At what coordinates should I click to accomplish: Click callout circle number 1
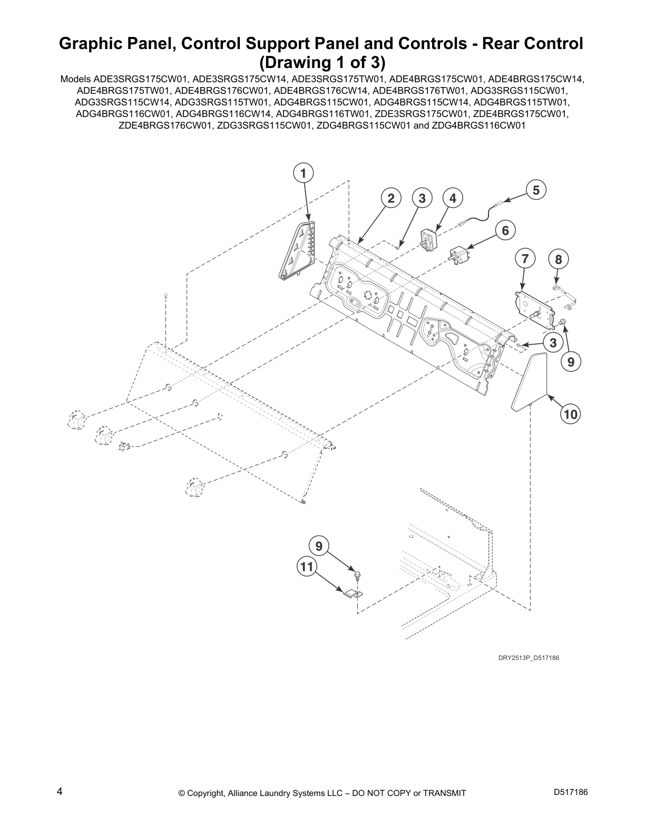pyautogui.click(x=302, y=173)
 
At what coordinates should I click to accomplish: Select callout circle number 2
pyautogui.click(x=391, y=198)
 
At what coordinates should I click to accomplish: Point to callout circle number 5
pyautogui.click(x=536, y=190)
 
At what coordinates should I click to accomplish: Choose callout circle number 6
pyautogui.click(x=505, y=230)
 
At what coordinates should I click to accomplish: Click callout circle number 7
pyautogui.click(x=525, y=259)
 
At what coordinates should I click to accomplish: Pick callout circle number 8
pyautogui.click(x=559, y=259)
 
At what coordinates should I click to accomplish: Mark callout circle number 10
pyautogui.click(x=570, y=414)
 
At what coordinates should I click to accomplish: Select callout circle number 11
pyautogui.click(x=307, y=567)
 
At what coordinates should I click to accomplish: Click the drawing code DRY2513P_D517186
pyautogui.click(x=528, y=658)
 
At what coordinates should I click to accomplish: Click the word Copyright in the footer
pyautogui.click(x=207, y=793)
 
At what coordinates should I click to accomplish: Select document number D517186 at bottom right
pyautogui.click(x=571, y=792)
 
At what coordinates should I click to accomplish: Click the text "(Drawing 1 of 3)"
pyautogui.click(x=322, y=63)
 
